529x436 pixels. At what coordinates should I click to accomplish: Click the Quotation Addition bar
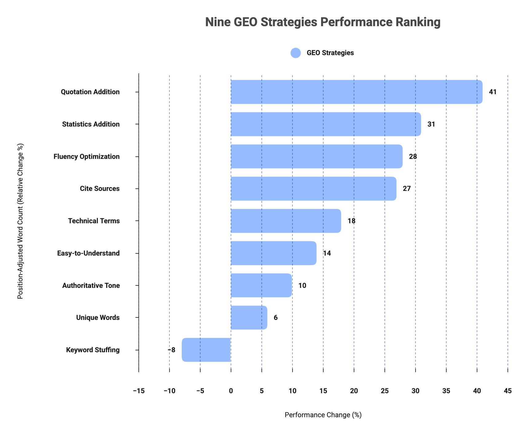[x=356, y=92]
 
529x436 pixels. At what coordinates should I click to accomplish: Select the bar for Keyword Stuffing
[x=206, y=350]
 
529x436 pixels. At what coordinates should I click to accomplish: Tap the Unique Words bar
[x=249, y=317]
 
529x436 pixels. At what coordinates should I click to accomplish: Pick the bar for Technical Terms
[x=286, y=221]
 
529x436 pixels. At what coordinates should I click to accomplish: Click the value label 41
[x=493, y=92]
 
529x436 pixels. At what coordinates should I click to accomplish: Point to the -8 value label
[x=172, y=350]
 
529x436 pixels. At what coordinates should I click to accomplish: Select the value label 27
[x=407, y=188]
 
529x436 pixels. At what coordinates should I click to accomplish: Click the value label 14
[x=327, y=253]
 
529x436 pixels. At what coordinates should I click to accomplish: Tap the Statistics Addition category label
[x=91, y=124]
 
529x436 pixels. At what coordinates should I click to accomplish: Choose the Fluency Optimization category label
[x=86, y=156]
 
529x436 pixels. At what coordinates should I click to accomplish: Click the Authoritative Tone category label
[x=91, y=285]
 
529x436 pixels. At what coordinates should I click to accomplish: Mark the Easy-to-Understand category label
[x=89, y=253]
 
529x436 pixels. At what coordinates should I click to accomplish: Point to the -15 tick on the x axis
[x=139, y=391]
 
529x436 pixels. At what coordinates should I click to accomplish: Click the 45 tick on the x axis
[x=508, y=391]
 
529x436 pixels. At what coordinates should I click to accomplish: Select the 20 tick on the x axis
[x=354, y=391]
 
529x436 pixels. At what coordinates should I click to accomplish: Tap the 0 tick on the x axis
[x=231, y=391]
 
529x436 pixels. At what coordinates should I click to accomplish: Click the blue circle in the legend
[x=296, y=53]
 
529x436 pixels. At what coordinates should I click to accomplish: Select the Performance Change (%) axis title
[x=323, y=415]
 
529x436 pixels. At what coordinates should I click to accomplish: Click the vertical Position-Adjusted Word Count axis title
[x=20, y=221]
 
